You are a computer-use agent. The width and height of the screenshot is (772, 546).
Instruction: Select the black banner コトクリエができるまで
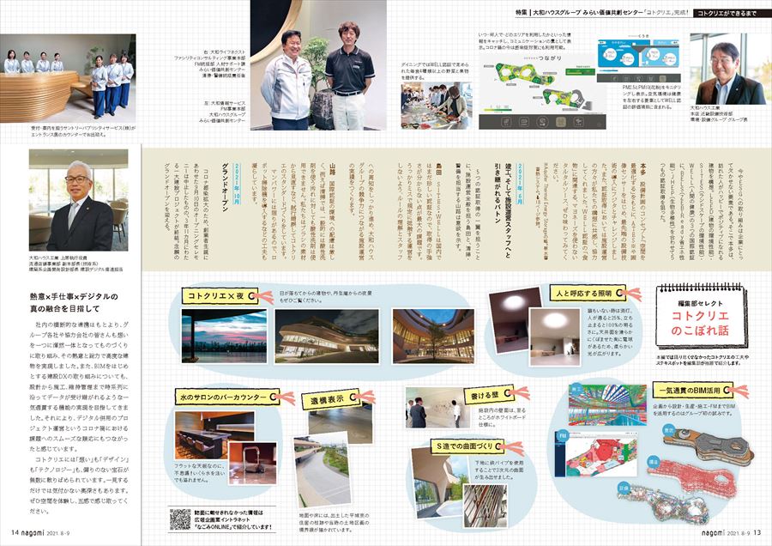coord(731,13)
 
